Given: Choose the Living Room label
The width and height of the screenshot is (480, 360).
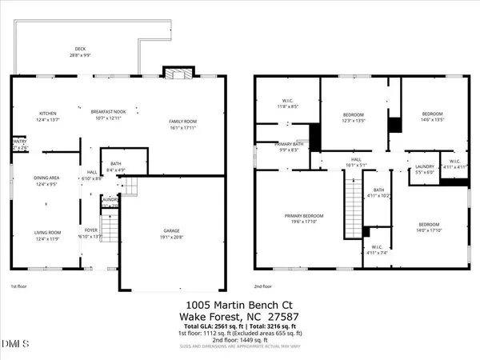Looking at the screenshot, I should [47, 234].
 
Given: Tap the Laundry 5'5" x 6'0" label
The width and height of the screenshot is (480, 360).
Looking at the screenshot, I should [425, 170].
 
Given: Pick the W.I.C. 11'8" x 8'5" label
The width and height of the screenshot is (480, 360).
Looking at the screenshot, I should [287, 103].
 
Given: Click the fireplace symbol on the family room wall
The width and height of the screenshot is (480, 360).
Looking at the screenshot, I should [174, 72].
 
